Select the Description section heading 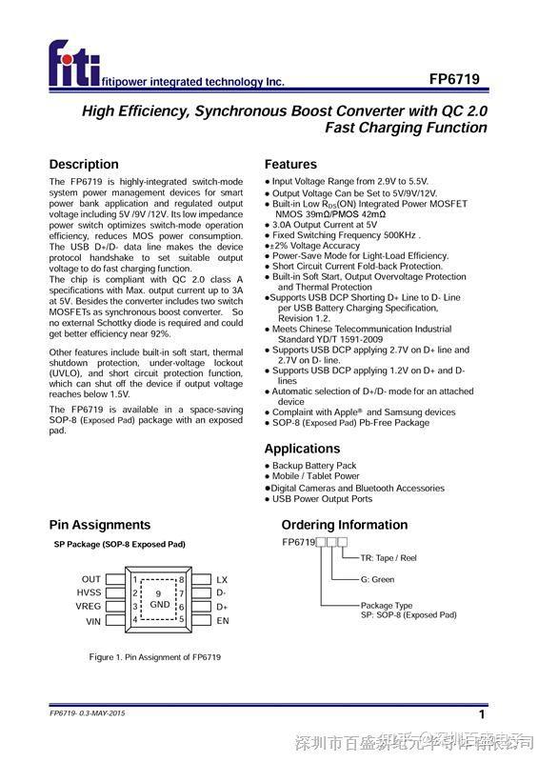(84, 164)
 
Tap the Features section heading (290, 164)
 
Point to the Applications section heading (302, 449)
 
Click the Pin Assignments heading (100, 525)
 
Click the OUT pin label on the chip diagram (91, 579)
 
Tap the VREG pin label (89, 607)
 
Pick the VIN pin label (93, 621)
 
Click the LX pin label (222, 579)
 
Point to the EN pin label (223, 621)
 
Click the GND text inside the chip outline (159, 605)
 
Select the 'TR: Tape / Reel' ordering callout (389, 558)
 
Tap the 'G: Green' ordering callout (377, 579)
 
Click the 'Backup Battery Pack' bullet (314, 465)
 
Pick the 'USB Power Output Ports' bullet (322, 499)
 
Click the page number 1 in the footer (482, 714)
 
